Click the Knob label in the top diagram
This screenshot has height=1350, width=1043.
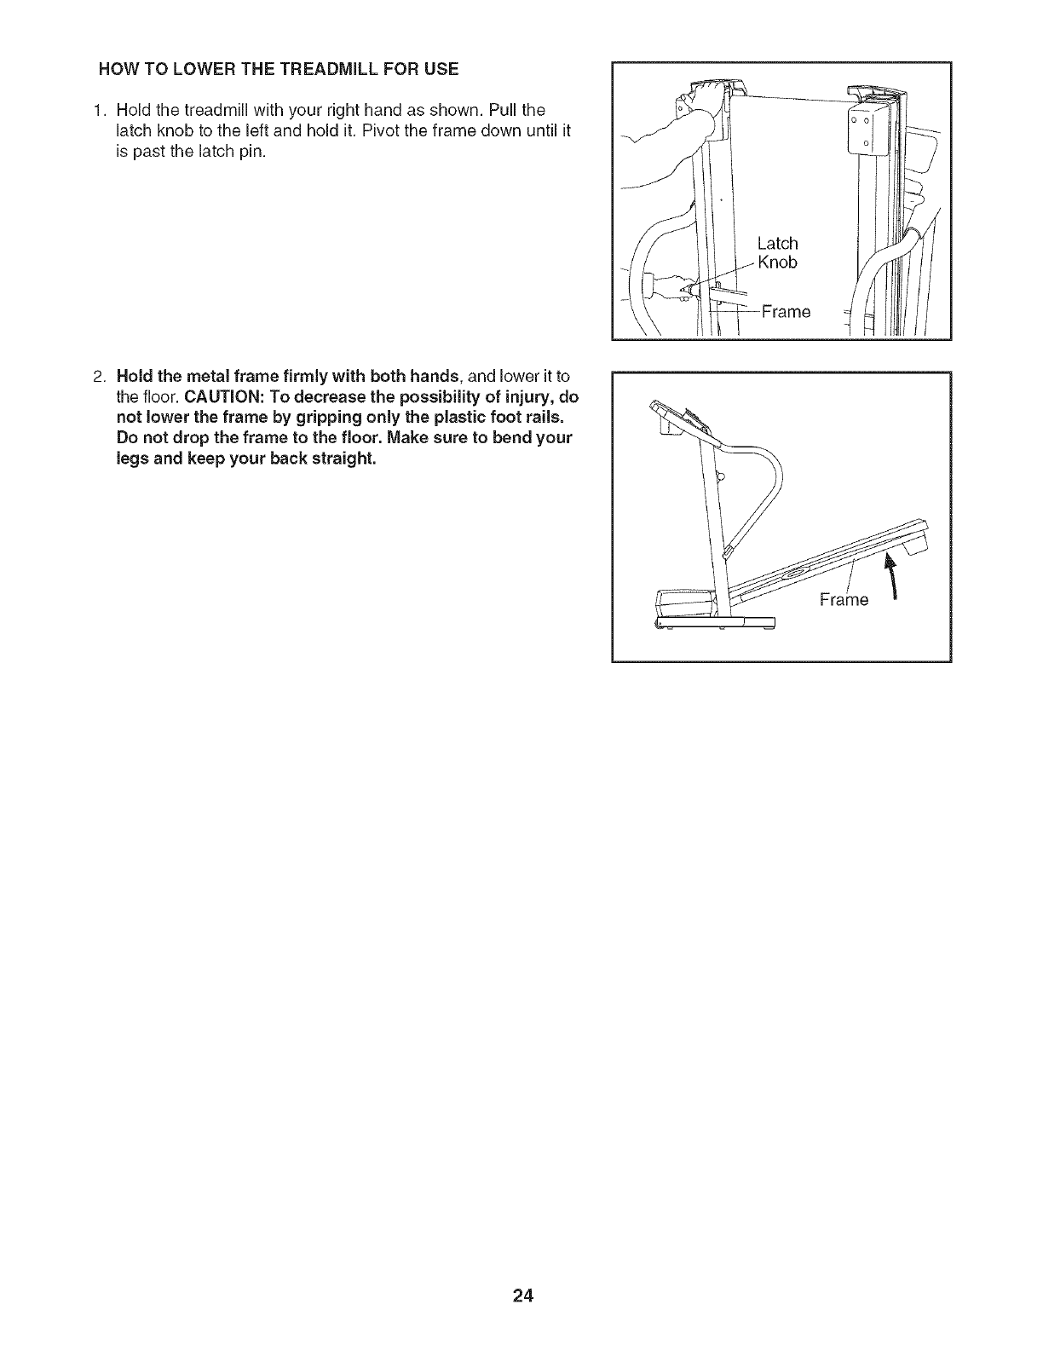point(777,262)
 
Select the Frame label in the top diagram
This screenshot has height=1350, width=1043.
point(786,312)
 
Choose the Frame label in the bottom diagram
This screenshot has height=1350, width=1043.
point(843,600)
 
